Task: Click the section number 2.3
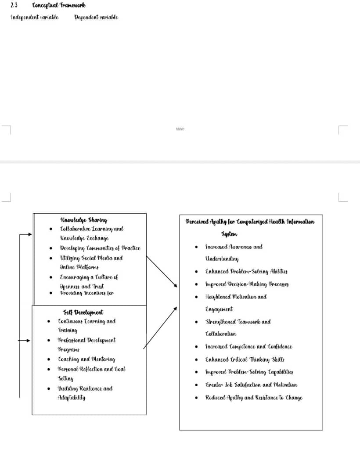14,6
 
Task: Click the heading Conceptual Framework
59,6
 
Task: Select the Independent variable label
34,18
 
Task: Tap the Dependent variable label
96,18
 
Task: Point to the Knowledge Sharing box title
83,220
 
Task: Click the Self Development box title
83,312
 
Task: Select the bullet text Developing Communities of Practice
100,248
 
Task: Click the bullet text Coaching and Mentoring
86,359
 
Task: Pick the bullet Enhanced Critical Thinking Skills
245,359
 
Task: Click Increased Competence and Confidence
248,347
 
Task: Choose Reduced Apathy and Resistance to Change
254,398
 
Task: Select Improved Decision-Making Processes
247,284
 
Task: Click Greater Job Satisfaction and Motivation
251,385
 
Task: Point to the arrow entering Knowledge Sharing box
26,234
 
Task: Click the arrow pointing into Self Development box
25,340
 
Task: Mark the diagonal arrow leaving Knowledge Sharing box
162,272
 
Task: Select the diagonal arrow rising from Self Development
160,328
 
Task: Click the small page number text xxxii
180,129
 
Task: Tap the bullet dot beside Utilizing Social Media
51,258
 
